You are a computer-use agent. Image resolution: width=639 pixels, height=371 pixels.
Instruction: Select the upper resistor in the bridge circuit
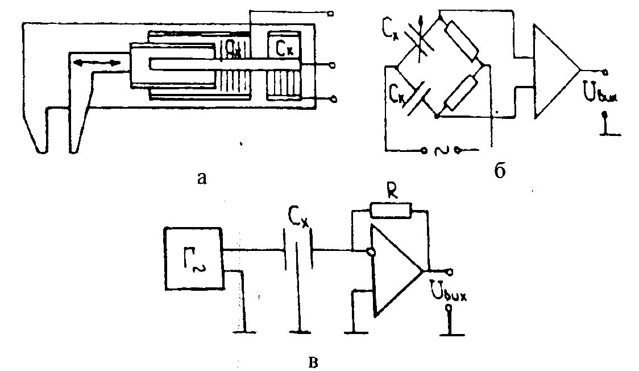pos(462,42)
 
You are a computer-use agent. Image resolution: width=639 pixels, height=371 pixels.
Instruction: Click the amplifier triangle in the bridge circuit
pos(555,71)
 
